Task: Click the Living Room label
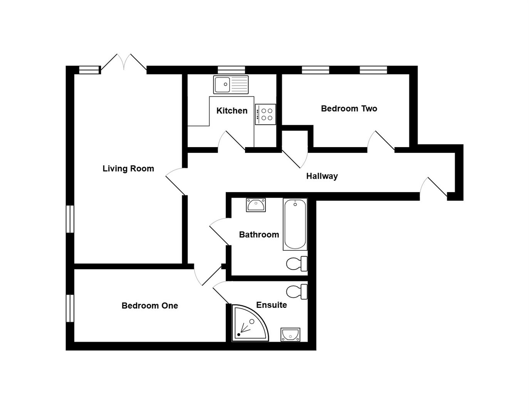tap(128, 168)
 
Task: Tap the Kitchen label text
tap(232, 111)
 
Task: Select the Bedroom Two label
tap(349, 109)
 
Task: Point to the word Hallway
tap(322, 176)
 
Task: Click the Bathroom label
tap(259, 235)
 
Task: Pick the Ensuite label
tap(271, 305)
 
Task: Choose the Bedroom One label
tap(149, 306)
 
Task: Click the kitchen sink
tap(231, 85)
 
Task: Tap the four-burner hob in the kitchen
tap(265, 114)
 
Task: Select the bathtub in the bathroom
tap(295, 224)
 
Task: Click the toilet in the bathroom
tap(297, 264)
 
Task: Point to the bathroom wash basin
tap(256, 205)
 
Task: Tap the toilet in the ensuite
tap(297, 291)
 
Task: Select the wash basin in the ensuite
tap(291, 334)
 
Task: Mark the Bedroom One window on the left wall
tap(70, 308)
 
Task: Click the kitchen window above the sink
tap(231, 70)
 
